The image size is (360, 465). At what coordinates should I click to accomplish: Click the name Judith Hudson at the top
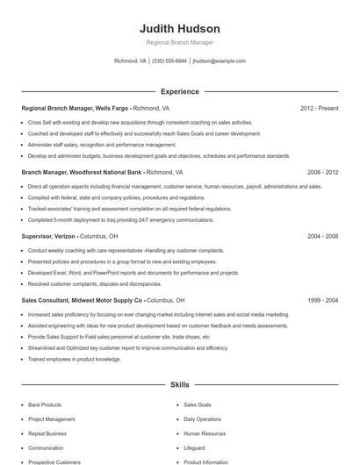(180, 28)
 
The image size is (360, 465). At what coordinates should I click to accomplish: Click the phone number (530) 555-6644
(169, 61)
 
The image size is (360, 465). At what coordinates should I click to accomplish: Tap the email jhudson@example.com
(219, 61)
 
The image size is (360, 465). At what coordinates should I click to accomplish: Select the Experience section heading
(180, 91)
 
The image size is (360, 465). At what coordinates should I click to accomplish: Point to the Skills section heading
(180, 384)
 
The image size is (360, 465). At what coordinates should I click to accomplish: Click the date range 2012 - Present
(319, 108)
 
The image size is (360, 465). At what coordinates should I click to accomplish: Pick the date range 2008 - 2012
(322, 173)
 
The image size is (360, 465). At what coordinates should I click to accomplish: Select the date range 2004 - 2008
(322, 236)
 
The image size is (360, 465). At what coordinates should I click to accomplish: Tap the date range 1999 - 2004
(322, 300)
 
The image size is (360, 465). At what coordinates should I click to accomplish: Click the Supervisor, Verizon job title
(49, 236)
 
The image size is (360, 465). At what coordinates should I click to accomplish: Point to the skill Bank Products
(45, 404)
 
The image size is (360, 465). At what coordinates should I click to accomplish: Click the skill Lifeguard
(195, 447)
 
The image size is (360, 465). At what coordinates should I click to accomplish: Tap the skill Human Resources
(205, 433)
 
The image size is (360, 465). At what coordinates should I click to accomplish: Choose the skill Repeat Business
(47, 433)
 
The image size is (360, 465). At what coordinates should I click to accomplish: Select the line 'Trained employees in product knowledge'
(75, 358)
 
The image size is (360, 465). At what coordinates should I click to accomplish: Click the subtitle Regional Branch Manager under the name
(180, 42)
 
